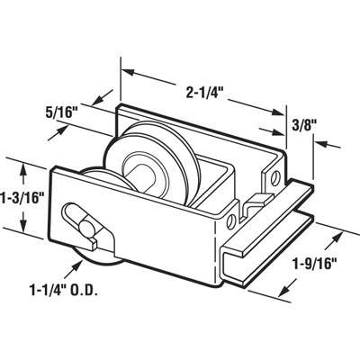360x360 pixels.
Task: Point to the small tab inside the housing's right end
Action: coord(257,199)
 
